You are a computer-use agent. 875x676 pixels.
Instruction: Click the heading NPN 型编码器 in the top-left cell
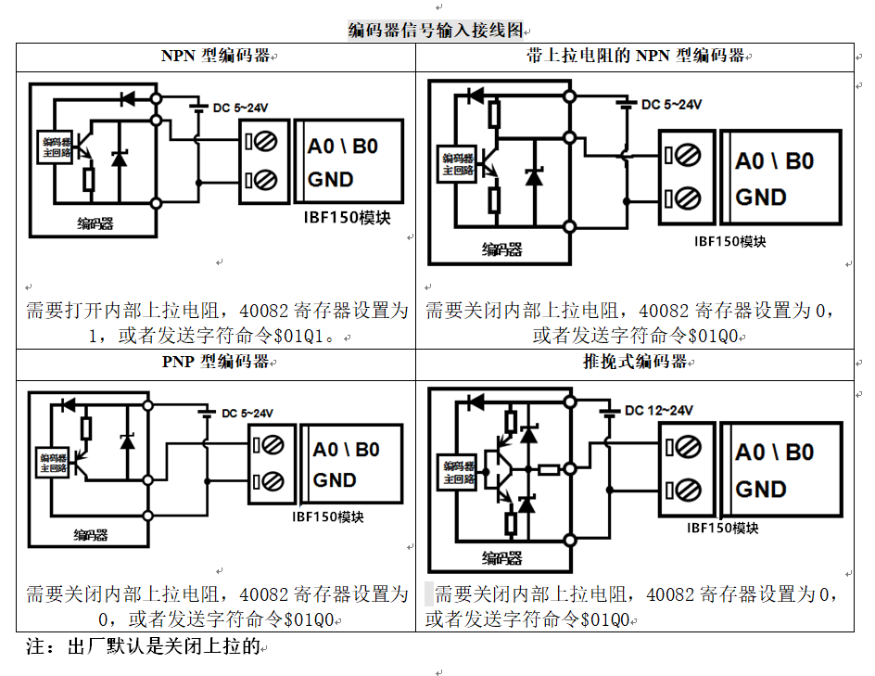[215, 56]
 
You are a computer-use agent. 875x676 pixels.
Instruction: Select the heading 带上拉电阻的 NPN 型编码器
[634, 56]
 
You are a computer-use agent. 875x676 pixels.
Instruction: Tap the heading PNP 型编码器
[215, 362]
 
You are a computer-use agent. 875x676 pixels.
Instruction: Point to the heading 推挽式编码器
[635, 362]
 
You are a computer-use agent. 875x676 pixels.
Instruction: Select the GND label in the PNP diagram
[335, 480]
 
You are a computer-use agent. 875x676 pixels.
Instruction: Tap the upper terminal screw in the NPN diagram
[261, 142]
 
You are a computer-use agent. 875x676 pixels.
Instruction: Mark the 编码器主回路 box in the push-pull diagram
[458, 473]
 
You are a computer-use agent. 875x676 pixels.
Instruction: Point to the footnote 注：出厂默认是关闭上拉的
[143, 646]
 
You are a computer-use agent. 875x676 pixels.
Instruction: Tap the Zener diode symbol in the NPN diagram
[119, 158]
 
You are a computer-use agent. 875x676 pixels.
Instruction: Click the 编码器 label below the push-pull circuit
[501, 558]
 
